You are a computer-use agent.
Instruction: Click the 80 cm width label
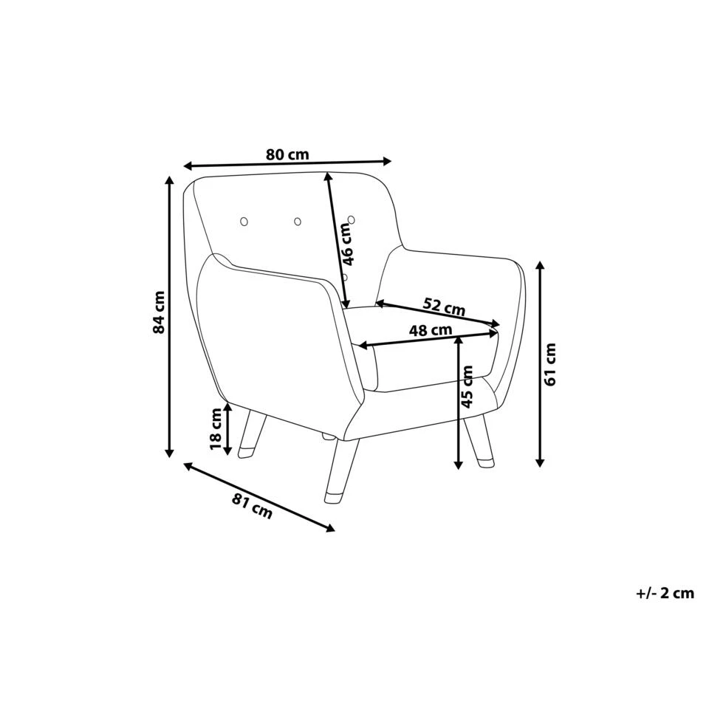(x=287, y=155)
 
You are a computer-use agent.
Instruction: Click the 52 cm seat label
(x=444, y=304)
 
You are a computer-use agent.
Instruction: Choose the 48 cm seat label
(x=431, y=331)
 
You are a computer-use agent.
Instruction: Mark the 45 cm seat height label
(x=467, y=388)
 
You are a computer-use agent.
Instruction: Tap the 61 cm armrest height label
(x=550, y=363)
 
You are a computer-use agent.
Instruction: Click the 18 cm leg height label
(x=216, y=429)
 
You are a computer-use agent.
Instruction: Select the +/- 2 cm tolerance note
(x=665, y=592)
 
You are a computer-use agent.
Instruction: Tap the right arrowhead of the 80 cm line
(x=387, y=160)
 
